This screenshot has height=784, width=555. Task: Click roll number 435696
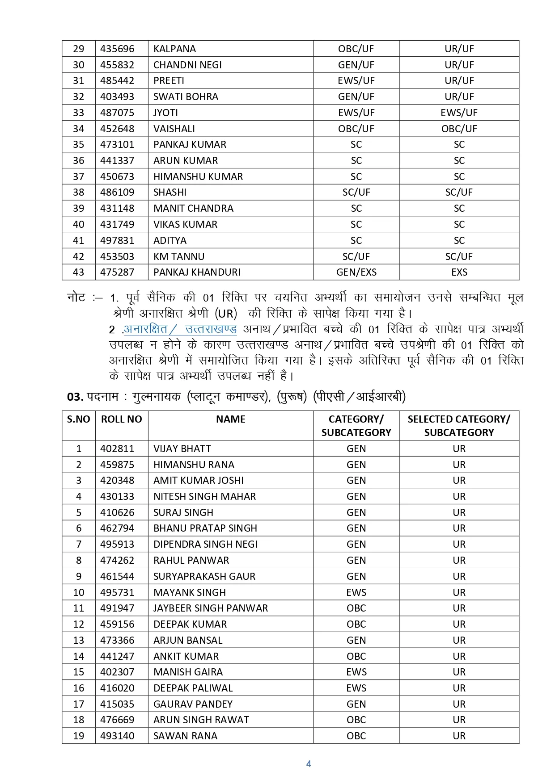tap(117, 49)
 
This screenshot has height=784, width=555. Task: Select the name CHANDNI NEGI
tap(187, 65)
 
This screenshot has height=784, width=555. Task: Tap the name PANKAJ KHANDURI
tap(197, 272)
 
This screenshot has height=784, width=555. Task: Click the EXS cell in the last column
tap(459, 272)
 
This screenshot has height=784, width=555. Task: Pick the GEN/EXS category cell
tap(356, 272)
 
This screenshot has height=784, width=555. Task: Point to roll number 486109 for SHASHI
tap(117, 192)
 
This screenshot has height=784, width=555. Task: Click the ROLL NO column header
tap(121, 419)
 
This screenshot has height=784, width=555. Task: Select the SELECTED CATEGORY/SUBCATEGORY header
tap(459, 425)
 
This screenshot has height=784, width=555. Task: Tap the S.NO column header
tap(78, 419)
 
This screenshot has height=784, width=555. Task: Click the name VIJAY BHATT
tap(182, 449)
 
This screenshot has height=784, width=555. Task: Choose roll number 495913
tap(117, 544)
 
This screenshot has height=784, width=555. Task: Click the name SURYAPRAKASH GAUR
tap(204, 576)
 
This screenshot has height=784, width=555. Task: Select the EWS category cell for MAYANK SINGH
tap(356, 592)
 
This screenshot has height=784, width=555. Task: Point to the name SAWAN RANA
tap(185, 736)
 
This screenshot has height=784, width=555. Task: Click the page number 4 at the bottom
tap(309, 764)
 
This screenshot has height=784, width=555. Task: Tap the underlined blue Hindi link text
tap(180, 329)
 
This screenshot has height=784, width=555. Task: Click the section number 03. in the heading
tap(75, 397)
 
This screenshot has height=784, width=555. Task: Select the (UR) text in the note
tap(226, 314)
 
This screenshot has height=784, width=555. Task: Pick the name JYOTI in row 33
tap(165, 113)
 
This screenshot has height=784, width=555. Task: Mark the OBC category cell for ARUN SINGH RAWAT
tap(356, 720)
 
